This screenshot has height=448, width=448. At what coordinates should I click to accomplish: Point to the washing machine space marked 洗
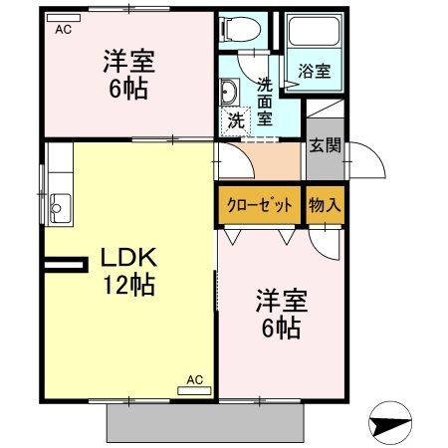tap(235, 121)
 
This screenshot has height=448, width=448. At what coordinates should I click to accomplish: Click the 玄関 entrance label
tap(325, 146)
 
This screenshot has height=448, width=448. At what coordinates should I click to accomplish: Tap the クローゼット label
tap(259, 206)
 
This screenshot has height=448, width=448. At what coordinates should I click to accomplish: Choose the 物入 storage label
tap(325, 206)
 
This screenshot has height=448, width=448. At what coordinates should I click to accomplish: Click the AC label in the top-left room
tap(64, 30)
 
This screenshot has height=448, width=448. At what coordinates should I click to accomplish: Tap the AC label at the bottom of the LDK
tap(195, 379)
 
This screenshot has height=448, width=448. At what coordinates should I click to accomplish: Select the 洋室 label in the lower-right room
tap(279, 299)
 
